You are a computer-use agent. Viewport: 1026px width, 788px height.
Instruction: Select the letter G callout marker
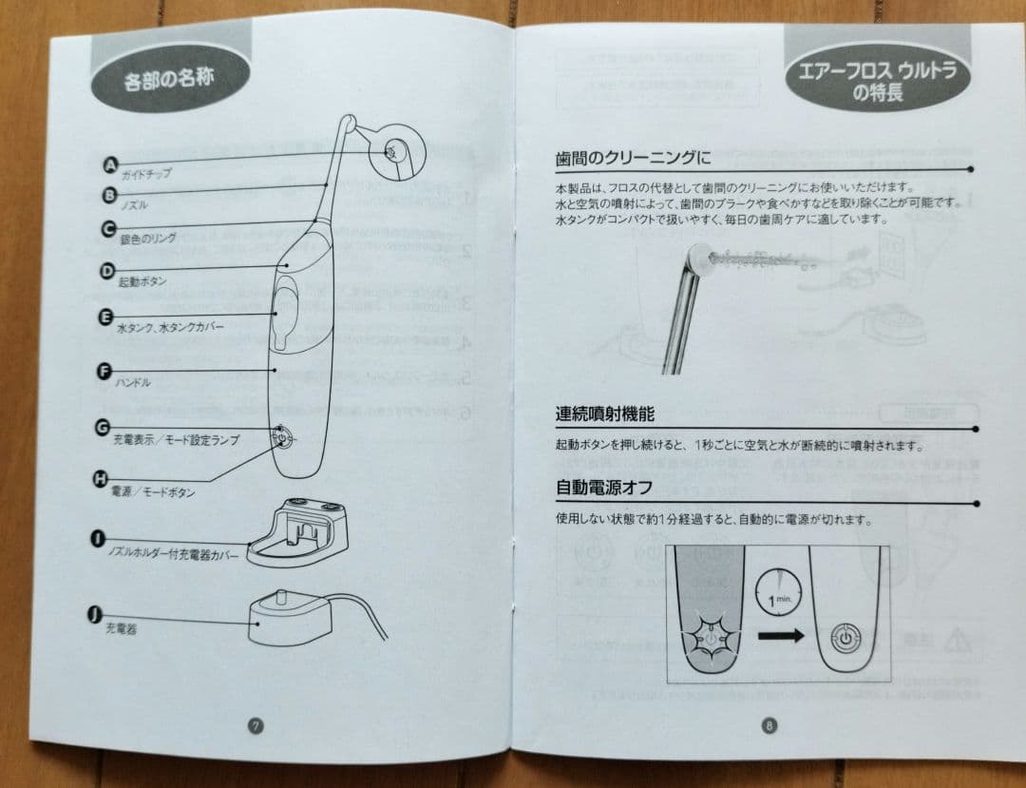102,427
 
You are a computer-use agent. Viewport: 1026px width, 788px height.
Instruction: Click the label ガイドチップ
146,176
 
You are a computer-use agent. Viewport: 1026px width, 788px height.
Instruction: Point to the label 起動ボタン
142,282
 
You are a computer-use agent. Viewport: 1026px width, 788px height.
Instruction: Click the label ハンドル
134,382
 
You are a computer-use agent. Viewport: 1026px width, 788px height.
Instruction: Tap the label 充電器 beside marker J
121,628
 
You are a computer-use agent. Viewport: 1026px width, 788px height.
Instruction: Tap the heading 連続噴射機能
604,414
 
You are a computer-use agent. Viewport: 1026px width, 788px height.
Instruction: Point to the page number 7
255,725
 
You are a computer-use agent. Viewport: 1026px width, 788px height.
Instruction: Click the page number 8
769,726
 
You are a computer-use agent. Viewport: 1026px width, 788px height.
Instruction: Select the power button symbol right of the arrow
843,636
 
